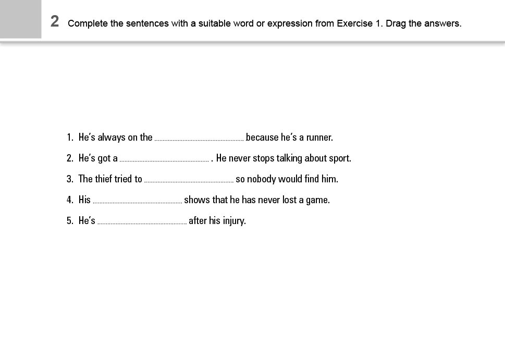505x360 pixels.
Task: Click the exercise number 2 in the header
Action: pos(55,22)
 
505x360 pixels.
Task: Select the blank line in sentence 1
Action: pos(199,139)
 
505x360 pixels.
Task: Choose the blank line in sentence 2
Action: pos(164,160)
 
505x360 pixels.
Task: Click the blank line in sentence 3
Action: pos(189,181)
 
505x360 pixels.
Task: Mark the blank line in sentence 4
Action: pos(137,202)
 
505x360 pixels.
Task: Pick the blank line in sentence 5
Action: pos(142,222)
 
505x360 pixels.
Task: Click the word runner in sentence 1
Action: pos(318,138)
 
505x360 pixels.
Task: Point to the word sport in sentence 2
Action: pos(339,158)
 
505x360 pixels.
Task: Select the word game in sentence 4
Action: pos(317,200)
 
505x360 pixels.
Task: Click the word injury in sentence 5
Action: pos(234,221)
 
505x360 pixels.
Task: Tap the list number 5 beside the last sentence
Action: pos(69,221)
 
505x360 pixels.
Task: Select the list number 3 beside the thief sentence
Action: pos(69,179)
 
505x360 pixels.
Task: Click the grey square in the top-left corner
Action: pos(20,19)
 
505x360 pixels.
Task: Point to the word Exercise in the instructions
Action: pos(355,23)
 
